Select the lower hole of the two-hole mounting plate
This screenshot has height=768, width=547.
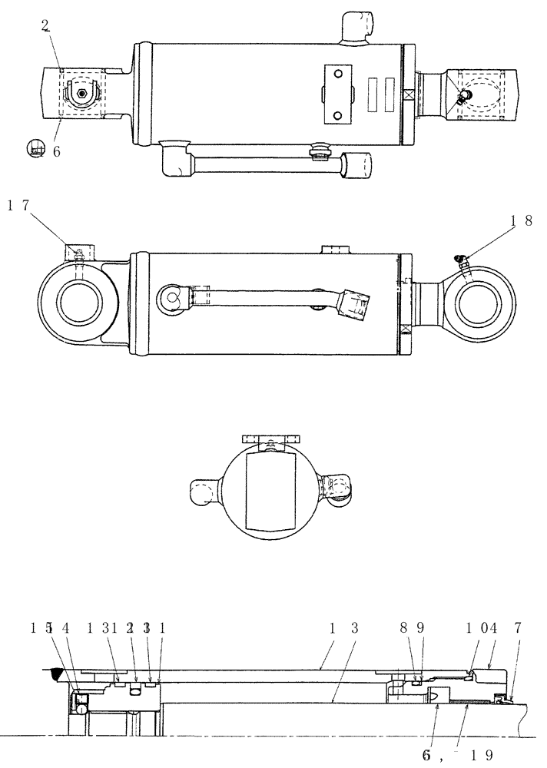click(336, 115)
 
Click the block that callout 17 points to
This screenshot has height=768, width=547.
click(78, 250)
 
